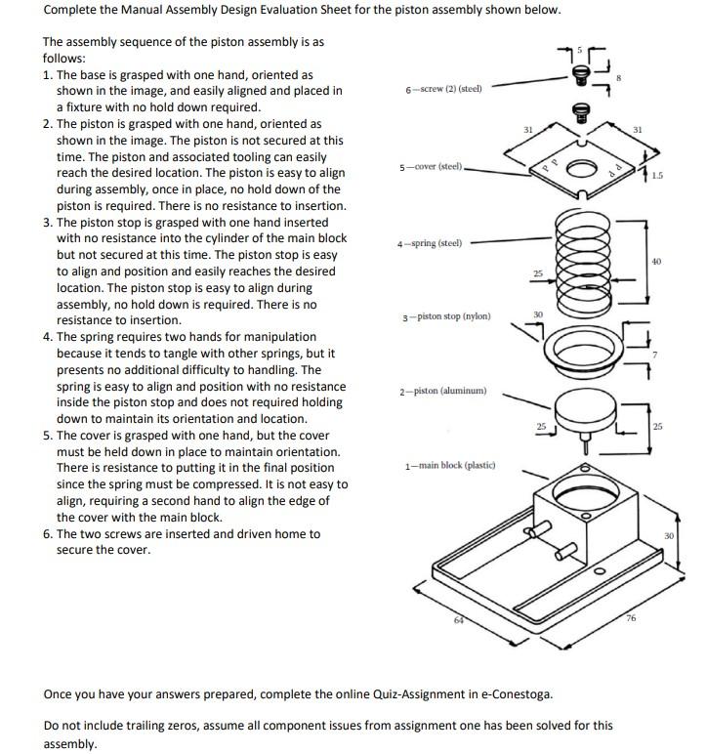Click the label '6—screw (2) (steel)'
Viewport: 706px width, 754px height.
click(442, 90)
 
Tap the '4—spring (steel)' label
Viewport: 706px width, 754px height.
click(430, 243)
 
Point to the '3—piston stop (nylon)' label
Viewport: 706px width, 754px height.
click(446, 316)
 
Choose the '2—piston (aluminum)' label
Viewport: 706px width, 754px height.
click(442, 392)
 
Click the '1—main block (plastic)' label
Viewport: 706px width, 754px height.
click(450, 465)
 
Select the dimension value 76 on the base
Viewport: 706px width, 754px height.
click(630, 617)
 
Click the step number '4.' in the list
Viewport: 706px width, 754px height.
click(49, 337)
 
